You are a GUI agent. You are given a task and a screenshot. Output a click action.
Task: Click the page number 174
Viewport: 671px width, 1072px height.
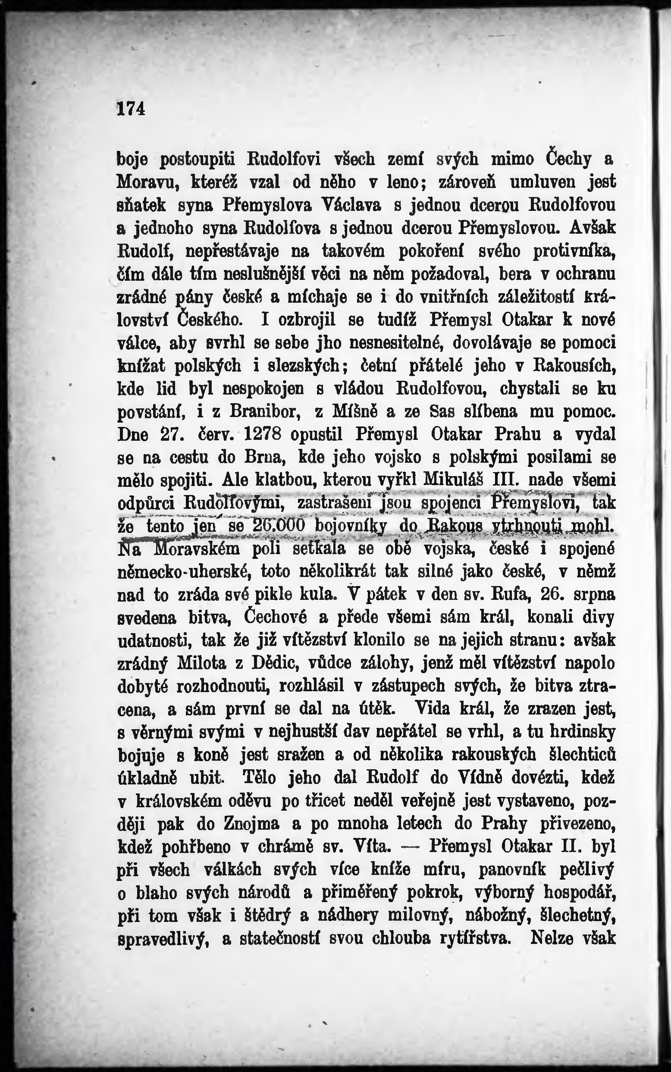[x=131, y=108]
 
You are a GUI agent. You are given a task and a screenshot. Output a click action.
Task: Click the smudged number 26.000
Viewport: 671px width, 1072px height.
[x=279, y=526]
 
